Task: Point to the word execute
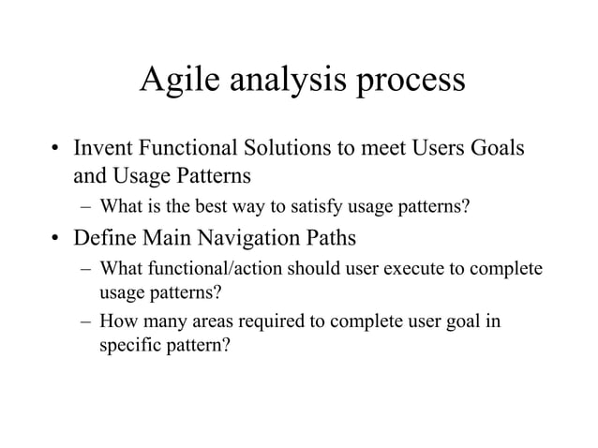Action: coord(386,269)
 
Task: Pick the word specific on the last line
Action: coord(128,345)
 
